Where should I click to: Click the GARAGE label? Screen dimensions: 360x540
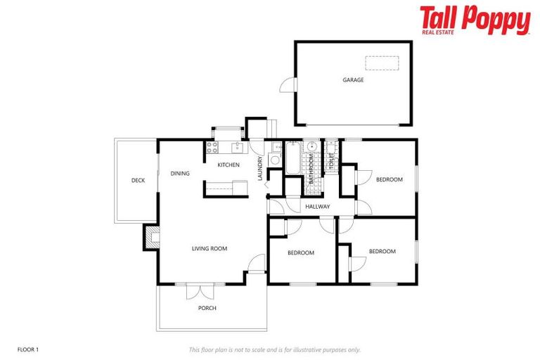tap(353, 80)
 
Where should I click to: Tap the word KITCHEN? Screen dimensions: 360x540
tap(228, 165)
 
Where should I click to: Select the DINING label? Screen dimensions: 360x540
tap(180, 173)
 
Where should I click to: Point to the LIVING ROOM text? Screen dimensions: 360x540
tap(210, 248)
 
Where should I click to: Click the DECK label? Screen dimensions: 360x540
tap(138, 181)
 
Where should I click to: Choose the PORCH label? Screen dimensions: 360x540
tap(207, 308)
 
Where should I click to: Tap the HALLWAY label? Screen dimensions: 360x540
tap(318, 207)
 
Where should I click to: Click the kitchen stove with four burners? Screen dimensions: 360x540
tap(212, 148)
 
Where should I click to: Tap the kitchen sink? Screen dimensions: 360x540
tap(238, 147)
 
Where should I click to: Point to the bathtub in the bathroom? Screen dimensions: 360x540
tap(292, 155)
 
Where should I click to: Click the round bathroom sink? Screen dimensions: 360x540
tap(311, 148)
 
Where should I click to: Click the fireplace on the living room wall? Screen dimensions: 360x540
tap(151, 237)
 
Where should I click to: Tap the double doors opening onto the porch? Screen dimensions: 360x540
tap(199, 290)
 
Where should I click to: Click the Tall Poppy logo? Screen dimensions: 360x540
tap(475, 20)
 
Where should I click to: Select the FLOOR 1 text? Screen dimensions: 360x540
tap(27, 349)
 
